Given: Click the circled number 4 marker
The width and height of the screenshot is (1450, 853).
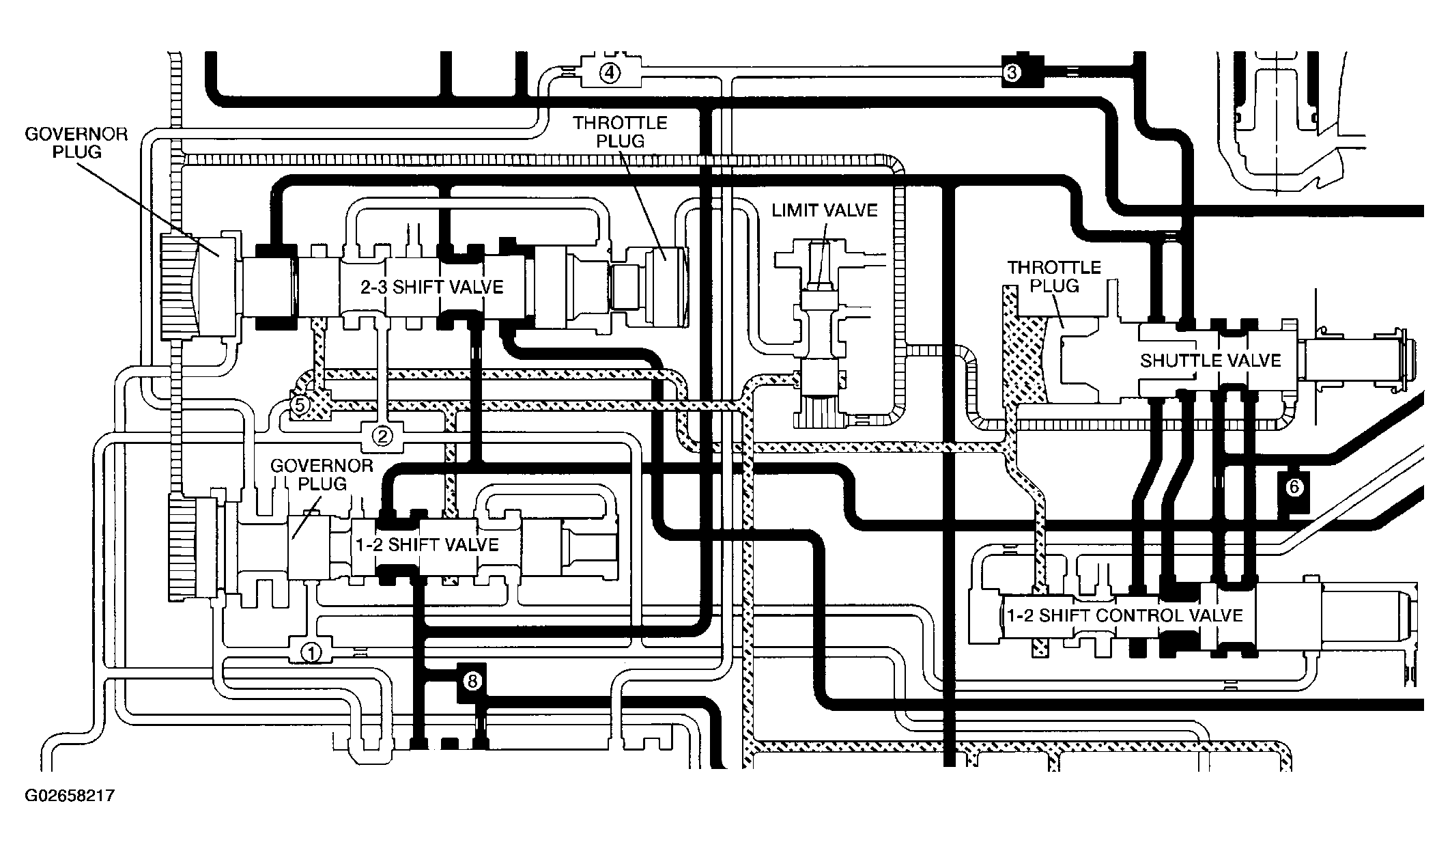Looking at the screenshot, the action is pos(610,72).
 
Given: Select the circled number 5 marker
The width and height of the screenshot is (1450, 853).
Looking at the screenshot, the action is pos(300,406).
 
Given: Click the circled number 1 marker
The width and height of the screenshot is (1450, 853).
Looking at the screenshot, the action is pos(311,652).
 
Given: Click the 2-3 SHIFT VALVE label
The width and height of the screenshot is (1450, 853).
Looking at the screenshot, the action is pos(431,287).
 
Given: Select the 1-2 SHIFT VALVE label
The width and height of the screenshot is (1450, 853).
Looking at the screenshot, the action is pos(427,544).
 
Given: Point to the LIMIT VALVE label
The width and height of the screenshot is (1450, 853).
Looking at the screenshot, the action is pos(825,210).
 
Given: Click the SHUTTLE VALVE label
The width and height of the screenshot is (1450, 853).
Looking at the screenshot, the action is pos(1210,360).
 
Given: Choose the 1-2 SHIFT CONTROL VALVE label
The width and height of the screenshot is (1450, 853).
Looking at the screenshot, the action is pos(1124,615).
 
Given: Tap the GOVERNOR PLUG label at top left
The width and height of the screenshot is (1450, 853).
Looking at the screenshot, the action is pos(76,142).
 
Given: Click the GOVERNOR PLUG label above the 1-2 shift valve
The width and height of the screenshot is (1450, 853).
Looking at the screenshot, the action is pos(322,475).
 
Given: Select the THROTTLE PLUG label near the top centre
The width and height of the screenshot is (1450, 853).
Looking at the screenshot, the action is pos(620,132).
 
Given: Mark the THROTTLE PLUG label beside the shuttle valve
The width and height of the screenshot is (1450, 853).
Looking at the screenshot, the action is pos(1055,276).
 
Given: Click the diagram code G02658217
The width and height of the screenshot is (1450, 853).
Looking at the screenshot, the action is pos(69,796).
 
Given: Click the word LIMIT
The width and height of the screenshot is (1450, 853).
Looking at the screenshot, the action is pos(794,210).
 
